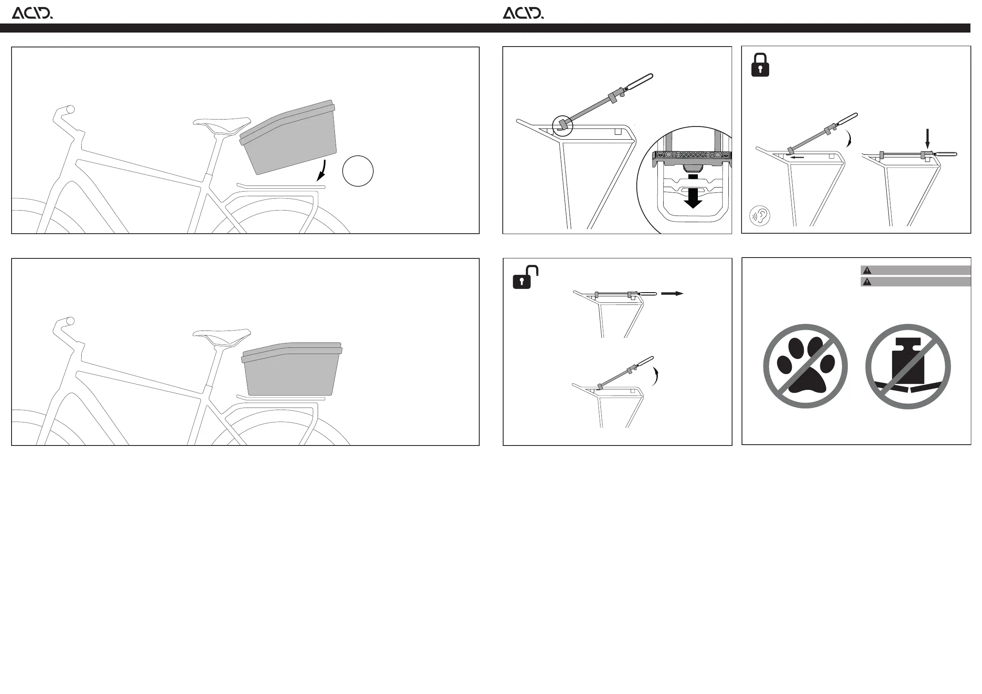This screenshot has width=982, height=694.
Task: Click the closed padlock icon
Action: pos(760,65)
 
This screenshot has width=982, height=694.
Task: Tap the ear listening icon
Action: pos(760,216)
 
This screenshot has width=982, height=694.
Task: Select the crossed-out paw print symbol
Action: pos(805,366)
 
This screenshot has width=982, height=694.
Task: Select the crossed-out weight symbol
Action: pos(908,366)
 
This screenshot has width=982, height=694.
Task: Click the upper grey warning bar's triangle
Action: pos(867,270)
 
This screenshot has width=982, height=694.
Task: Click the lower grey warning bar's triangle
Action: pos(867,282)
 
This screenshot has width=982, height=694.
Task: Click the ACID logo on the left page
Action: pos(32,13)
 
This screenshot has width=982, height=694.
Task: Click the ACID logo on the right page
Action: pos(523,13)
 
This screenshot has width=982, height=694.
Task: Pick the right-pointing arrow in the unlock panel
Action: pos(672,293)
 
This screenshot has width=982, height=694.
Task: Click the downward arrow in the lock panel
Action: pos(927,139)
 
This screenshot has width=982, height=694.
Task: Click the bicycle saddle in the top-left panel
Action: pos(221,125)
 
